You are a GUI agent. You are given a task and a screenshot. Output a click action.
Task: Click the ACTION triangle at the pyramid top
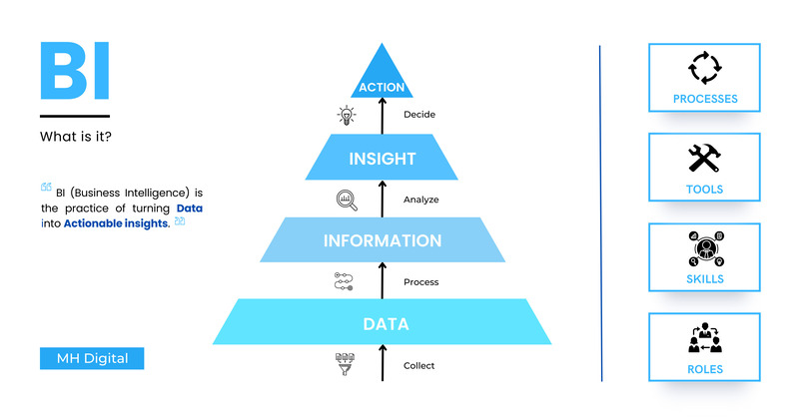(382, 80)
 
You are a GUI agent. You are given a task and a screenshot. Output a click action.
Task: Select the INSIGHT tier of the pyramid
(382, 158)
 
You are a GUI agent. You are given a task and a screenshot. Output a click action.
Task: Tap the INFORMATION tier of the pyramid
(382, 240)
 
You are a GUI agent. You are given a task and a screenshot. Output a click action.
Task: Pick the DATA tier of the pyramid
(382, 323)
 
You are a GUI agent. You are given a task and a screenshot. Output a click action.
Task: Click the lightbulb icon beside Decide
(347, 115)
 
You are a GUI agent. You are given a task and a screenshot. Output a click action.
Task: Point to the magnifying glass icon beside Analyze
(347, 200)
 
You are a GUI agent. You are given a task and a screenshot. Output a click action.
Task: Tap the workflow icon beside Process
(344, 282)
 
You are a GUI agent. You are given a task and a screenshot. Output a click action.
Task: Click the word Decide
(419, 115)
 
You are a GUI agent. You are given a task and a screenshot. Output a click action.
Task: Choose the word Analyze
(421, 200)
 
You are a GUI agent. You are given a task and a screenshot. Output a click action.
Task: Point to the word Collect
(419, 365)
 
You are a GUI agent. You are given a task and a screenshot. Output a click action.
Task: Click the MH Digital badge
(92, 358)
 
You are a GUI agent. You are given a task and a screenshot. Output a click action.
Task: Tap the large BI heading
(74, 72)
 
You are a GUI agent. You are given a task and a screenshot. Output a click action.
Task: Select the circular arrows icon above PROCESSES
(704, 69)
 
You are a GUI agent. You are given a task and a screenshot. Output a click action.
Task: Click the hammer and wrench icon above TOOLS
(704, 158)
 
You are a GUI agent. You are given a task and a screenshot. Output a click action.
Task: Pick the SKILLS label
(704, 279)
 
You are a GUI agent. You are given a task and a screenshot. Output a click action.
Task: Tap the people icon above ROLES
(704, 337)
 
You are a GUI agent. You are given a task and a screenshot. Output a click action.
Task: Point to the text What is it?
(75, 136)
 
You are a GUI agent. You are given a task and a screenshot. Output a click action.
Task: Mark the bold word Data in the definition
(190, 208)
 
